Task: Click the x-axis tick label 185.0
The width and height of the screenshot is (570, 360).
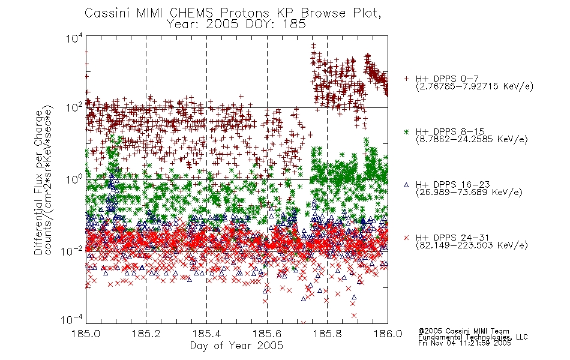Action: (86, 334)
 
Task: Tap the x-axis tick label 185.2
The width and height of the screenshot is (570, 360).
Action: (146, 334)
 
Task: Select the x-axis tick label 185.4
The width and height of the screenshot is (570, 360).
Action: (206, 334)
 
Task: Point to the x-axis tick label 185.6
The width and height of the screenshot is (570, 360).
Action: (267, 334)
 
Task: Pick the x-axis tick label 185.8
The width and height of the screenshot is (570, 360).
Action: (327, 334)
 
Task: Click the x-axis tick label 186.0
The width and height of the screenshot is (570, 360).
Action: (388, 334)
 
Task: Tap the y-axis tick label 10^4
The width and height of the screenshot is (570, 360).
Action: (74, 38)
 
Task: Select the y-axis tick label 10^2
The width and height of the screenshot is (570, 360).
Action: (74, 107)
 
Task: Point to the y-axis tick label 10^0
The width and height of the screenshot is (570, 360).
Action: (74, 179)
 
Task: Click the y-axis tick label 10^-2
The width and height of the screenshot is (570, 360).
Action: (72, 251)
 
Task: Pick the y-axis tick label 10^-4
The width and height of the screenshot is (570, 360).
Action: (72, 320)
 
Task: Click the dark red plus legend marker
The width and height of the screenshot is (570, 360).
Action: (406, 79)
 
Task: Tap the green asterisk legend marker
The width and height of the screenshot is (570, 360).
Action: (406, 131)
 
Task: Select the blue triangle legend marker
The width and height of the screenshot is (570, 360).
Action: (406, 185)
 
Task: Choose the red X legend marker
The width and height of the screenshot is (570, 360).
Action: (406, 238)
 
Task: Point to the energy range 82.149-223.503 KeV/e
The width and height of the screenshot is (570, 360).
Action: (472, 245)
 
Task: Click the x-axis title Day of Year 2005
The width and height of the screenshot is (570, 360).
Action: (236, 345)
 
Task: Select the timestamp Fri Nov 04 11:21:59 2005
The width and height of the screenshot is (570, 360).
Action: (464, 343)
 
